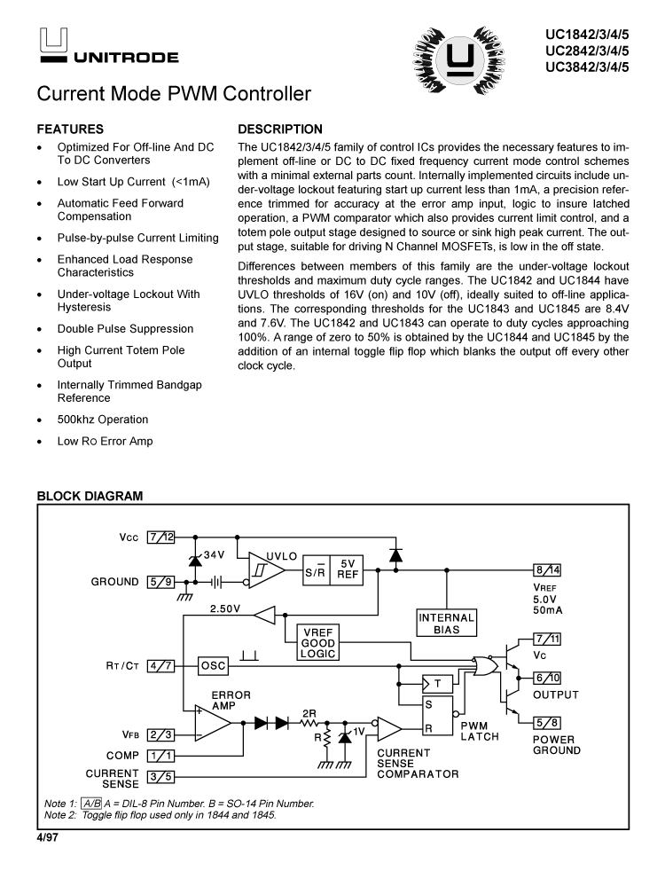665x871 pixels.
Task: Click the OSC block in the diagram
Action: pyautogui.click(x=214, y=664)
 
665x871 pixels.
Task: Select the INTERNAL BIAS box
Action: pyautogui.click(x=447, y=623)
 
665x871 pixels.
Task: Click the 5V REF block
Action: pyautogui.click(x=348, y=568)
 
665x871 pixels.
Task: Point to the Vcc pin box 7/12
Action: pyautogui.click(x=161, y=537)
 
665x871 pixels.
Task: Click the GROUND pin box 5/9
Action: pyautogui.click(x=161, y=582)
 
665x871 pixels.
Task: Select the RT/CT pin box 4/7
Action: pyautogui.click(x=161, y=664)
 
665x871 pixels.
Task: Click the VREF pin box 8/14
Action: pyautogui.click(x=546, y=569)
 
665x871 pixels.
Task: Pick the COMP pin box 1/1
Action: pyautogui.click(x=161, y=755)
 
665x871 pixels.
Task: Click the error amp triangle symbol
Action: pyautogui.click(x=211, y=722)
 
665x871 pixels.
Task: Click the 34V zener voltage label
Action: pyautogui.click(x=215, y=554)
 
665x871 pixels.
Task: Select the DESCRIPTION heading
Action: pyautogui.click(x=280, y=129)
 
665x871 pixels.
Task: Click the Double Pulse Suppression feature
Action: pyautogui.click(x=125, y=328)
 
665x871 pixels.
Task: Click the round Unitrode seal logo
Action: pyautogui.click(x=459, y=59)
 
